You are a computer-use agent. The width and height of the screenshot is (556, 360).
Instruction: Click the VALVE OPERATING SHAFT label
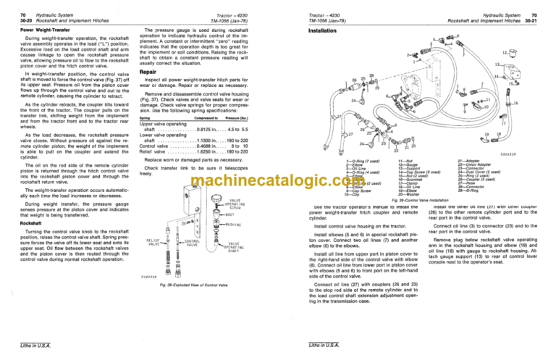click(239, 248)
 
